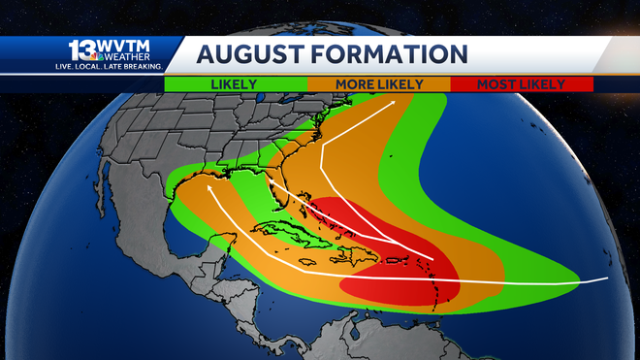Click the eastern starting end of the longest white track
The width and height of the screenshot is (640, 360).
[608, 278]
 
